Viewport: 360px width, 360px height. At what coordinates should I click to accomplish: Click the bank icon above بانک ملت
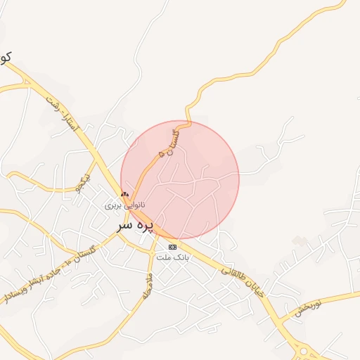tap(173, 247)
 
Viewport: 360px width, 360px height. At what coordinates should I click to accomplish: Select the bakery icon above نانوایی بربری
tap(125, 194)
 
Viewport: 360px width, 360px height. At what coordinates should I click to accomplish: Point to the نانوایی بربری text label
tap(125, 205)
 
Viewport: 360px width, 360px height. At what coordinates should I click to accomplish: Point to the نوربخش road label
tap(307, 308)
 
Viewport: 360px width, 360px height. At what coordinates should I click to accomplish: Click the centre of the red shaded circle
tap(180, 180)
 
